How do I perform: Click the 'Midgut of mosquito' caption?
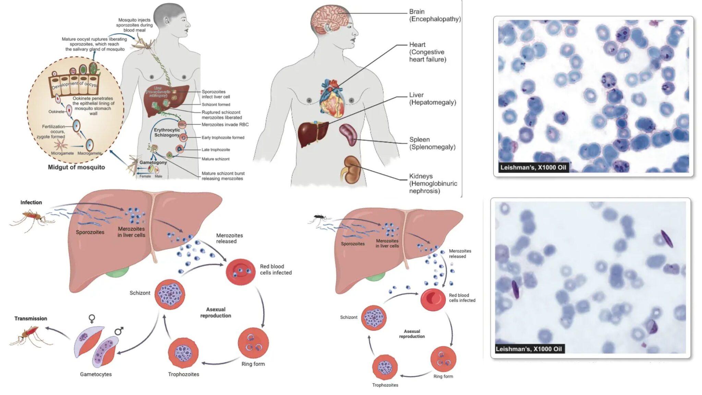(76, 167)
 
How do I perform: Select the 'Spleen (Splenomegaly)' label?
(432, 143)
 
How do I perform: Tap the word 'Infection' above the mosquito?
(31, 202)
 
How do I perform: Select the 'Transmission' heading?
(31, 319)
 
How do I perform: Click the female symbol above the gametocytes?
(92, 319)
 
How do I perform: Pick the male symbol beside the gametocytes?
(119, 331)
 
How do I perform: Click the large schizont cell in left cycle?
(170, 294)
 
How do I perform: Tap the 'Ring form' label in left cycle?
(253, 364)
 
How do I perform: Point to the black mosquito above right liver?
(320, 217)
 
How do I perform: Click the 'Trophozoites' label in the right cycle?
(385, 385)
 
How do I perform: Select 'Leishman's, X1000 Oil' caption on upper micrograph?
(533, 167)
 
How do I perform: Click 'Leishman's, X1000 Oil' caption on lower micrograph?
(529, 349)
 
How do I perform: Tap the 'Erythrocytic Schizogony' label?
(167, 132)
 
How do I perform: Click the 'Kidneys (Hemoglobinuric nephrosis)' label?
(433, 183)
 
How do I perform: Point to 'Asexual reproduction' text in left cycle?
(216, 312)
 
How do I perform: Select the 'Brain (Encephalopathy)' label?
(435, 15)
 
